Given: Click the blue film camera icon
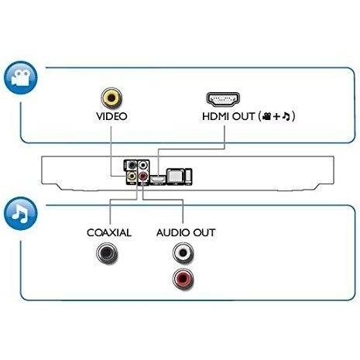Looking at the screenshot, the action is pos(21,77).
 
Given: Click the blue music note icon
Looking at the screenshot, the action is pos(21,214).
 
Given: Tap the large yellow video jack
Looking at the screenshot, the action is pos(111,98).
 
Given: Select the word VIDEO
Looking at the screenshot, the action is pos(111,116).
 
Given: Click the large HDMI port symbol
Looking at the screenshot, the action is pos(223,99).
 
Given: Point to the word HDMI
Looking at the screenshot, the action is pos(216,116).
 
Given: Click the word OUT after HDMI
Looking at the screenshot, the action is pos(243,116).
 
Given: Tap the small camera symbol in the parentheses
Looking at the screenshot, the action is pos(266,117).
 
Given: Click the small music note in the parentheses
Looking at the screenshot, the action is pos(286,117).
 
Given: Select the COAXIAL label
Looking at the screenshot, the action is pos(109,233).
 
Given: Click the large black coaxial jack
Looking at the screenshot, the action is pos(107,253).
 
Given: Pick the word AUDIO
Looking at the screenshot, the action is pos(173,233).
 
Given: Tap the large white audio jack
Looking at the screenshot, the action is pos(183,252).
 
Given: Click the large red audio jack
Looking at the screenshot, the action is pos(183,279).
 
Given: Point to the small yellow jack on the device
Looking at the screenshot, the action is pos(132,177).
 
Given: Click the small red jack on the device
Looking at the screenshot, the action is pos(143,177).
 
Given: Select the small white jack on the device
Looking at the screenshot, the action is pos(143,165).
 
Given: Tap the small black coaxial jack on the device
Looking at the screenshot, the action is pos(132,165).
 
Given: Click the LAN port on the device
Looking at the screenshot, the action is pos(176,177).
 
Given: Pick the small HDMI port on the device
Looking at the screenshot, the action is pos(158,179).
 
